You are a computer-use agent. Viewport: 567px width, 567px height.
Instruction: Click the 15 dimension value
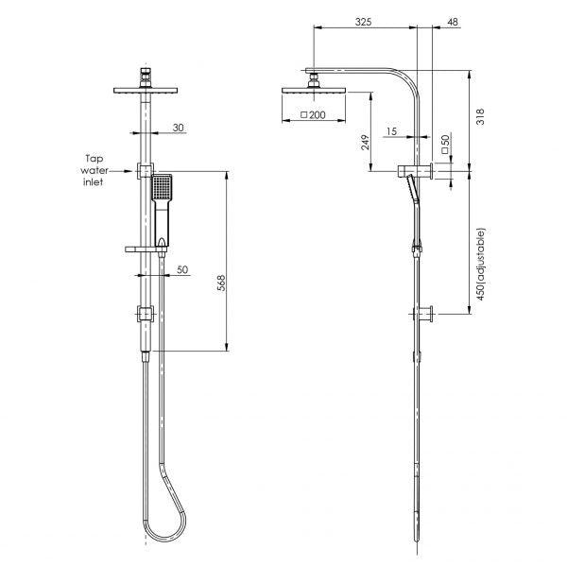tap(390, 132)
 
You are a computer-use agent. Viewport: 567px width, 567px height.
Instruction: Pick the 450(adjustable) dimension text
tap(482, 264)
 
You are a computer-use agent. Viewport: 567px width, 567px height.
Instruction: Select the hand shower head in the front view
tap(162, 189)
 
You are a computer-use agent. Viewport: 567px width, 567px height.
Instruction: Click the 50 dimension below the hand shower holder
tap(182, 269)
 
